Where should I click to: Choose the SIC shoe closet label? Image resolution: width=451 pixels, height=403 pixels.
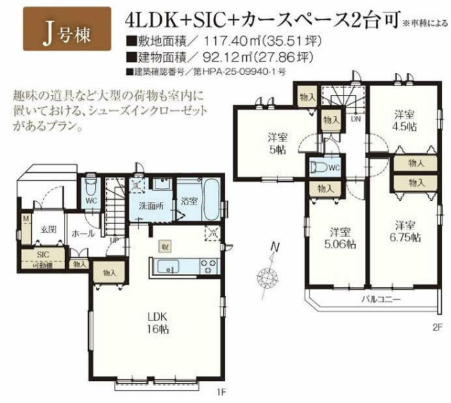[44, 255]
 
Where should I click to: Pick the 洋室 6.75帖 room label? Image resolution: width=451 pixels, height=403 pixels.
[406, 231]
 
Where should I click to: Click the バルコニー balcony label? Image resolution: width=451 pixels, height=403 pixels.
[379, 300]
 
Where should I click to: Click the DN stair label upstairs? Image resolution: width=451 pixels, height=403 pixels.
[355, 119]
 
